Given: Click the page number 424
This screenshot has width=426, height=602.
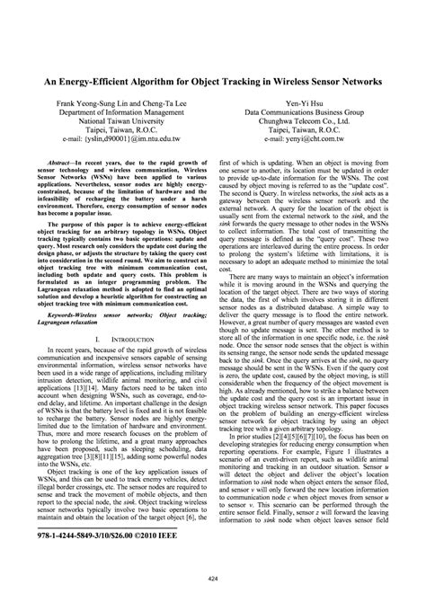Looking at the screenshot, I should [213, 578].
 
